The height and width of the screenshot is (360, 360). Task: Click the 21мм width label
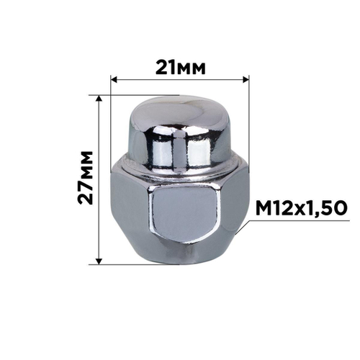(x=180, y=67)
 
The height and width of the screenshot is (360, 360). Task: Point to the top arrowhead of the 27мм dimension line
(x=100, y=96)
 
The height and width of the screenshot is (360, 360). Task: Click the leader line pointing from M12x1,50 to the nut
(x=243, y=225)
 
